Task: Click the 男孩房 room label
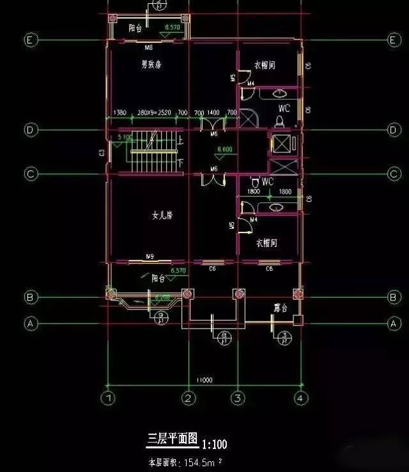tap(151, 64)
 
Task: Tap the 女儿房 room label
tap(162, 216)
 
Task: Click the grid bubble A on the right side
tap(394, 324)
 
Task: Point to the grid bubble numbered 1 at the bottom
tap(109, 398)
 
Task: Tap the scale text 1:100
tap(215, 444)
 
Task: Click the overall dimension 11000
tap(204, 380)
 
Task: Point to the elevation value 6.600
tap(224, 149)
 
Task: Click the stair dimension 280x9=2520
tap(153, 113)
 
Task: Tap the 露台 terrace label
tap(281, 308)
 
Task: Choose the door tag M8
tap(148, 47)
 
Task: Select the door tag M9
tap(150, 257)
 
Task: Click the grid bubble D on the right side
tap(394, 130)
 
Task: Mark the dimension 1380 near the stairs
tap(120, 113)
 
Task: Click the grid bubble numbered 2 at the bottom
tap(188, 398)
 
